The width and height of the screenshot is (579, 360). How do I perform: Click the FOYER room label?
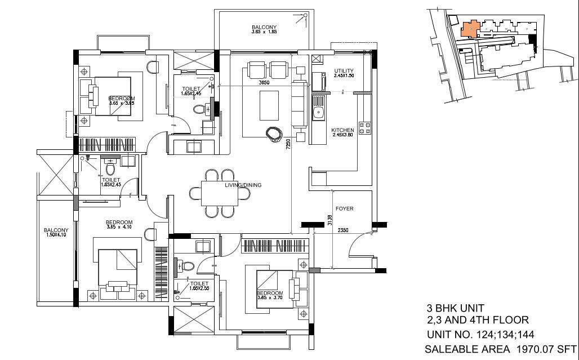tap(344, 208)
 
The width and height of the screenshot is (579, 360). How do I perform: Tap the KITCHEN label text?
tap(342, 130)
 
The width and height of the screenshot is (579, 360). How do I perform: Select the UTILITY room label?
tap(344, 71)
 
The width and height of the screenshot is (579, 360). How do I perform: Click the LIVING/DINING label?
tap(243, 185)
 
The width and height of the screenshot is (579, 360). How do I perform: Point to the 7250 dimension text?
tap(288, 144)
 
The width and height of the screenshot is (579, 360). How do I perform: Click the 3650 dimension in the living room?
tap(264, 83)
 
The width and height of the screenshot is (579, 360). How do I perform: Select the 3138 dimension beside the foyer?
tap(329, 220)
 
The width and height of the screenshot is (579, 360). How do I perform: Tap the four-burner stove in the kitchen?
tap(364, 128)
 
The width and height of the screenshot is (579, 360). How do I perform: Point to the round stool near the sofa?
tap(274, 134)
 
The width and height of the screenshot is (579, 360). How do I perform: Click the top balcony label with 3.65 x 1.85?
tap(264, 30)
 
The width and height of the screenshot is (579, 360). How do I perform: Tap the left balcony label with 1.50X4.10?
tap(56, 233)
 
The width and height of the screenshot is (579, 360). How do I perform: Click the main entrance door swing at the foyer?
tap(359, 248)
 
